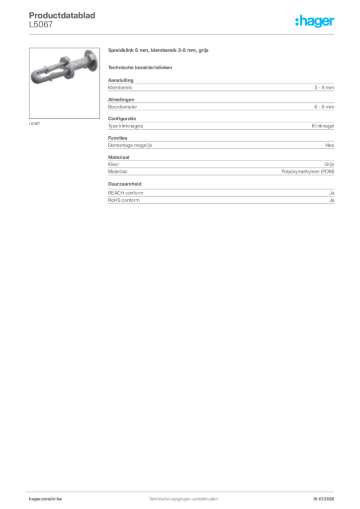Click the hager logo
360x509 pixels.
coord(315,21)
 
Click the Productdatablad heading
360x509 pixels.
coord(62,15)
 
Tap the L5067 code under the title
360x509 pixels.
coord(41,24)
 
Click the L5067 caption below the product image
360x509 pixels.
coord(34,124)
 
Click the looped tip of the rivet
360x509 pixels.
coord(35,77)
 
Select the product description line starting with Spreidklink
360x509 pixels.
coord(158,50)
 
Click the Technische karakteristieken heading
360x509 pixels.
coord(140,68)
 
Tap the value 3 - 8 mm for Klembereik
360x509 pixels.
coord(324,87)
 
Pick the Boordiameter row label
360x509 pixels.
coord(122,107)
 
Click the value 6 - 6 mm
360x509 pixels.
coord(324,107)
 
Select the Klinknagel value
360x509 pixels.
coord(323,126)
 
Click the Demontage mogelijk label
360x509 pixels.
coord(130,146)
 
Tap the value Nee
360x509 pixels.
coord(330,145)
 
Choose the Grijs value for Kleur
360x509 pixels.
coord(329,164)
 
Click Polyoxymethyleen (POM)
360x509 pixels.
coord(308,171)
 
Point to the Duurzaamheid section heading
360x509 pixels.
coord(125,184)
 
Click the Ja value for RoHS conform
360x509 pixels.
coord(332,200)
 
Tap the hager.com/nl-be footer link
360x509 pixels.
coord(45,499)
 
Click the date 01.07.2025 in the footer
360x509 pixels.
coord(324,499)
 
